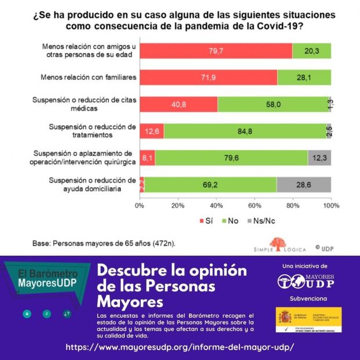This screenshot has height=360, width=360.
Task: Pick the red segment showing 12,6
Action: [152, 131]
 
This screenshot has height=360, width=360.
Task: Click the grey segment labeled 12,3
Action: [319, 158]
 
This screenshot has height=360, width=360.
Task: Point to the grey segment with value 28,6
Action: [304, 184]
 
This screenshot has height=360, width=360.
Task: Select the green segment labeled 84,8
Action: [245, 131]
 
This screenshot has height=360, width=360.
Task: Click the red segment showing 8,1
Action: [147, 158]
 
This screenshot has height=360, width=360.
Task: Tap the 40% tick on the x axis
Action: [216, 205]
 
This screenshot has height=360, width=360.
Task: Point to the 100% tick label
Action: [331, 205]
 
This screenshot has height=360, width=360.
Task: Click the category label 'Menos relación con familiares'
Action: [88, 78]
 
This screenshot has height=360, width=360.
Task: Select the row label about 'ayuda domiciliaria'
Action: [93, 184]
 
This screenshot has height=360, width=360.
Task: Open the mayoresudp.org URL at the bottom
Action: [180, 347]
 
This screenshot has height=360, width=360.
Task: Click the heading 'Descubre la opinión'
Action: [172, 271]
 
